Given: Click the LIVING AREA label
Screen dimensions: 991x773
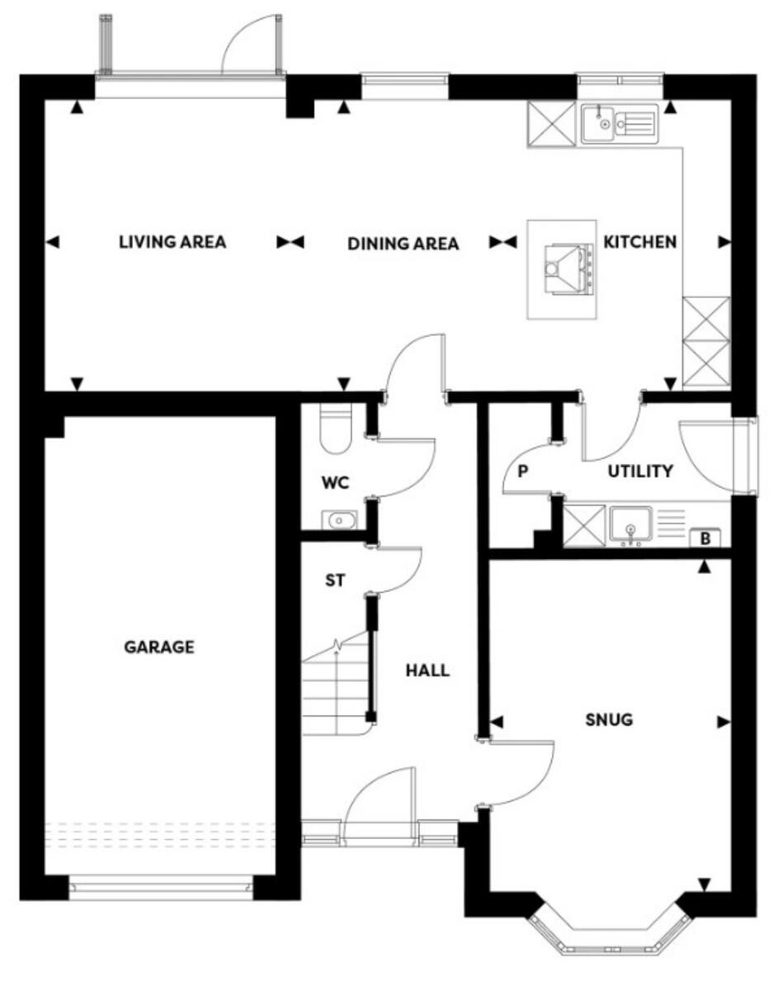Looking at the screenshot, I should point(172,242).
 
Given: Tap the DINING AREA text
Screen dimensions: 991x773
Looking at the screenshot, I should point(403,244).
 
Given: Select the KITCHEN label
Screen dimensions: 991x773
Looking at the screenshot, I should point(640,242).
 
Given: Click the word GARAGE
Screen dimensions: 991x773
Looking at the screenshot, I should point(159,647).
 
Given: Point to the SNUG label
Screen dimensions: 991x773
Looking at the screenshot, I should point(609,719).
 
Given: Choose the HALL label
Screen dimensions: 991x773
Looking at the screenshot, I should point(427,670).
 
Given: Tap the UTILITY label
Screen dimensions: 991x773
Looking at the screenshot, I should point(640,472).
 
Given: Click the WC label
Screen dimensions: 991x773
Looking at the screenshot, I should point(336,483).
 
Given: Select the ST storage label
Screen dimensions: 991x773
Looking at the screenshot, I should point(333,581).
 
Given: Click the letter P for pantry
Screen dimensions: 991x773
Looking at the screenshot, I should point(522,472).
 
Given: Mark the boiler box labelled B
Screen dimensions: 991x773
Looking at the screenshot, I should point(705,538).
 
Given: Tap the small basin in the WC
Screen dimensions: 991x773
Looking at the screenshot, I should point(338,520).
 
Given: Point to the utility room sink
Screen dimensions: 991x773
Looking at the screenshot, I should point(631,526).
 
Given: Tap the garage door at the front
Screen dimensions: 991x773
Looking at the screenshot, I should point(159,889).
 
